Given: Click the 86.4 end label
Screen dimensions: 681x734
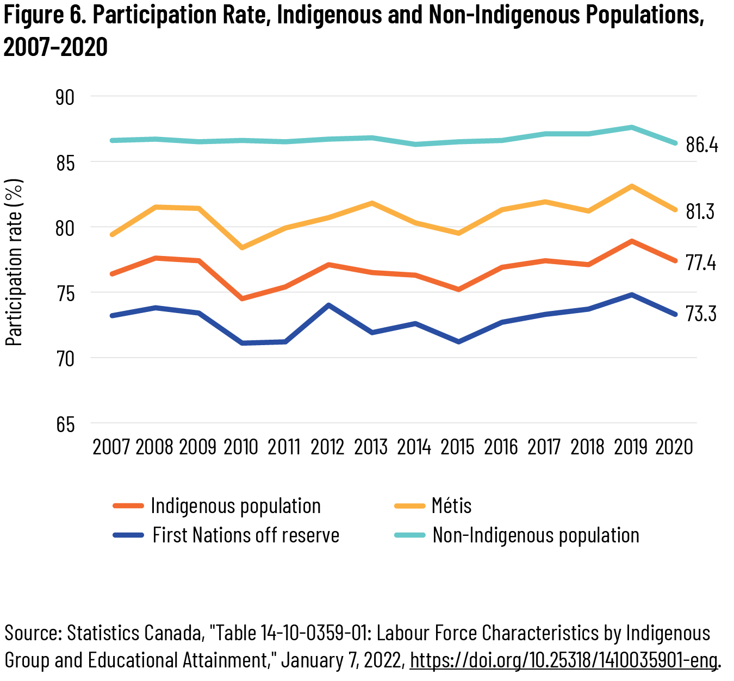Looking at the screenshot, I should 702,145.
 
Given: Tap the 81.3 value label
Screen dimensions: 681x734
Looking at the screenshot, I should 700,211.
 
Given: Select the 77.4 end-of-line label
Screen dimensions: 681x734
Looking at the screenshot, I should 701,263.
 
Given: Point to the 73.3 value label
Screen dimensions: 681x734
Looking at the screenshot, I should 701,314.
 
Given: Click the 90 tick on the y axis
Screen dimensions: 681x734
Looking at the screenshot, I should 65,97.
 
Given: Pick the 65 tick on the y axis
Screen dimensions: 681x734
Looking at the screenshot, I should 65,424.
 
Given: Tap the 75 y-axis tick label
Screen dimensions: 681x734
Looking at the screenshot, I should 65,293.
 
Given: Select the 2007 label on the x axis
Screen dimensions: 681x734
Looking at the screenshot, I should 111,447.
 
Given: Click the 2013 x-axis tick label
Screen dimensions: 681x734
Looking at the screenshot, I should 371,447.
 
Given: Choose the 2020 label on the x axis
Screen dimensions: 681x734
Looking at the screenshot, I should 674,447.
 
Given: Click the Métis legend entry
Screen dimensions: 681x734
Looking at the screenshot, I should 451,506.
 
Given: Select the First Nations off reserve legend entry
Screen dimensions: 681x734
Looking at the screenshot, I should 246,535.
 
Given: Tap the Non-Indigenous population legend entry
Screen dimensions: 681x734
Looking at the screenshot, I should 536,535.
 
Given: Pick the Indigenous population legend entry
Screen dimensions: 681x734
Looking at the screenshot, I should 235,506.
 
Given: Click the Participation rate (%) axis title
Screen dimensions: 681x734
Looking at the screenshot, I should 15,263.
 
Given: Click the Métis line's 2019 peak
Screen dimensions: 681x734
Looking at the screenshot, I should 631,186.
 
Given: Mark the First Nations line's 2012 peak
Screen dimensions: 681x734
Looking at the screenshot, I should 328,305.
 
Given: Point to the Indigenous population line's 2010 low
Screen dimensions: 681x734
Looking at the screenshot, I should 242,298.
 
